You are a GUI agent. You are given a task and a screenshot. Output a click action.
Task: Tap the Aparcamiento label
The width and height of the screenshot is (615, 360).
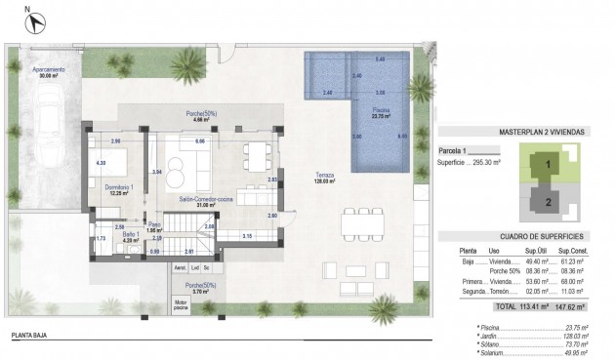[x=49, y=72]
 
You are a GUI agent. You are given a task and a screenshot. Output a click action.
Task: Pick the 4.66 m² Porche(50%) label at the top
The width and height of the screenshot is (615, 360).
[x=201, y=117]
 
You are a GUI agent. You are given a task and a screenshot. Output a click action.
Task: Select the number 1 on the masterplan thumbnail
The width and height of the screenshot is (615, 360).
[x=549, y=165]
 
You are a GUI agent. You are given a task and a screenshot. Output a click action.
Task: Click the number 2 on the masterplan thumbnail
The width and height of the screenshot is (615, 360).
[x=549, y=202]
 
